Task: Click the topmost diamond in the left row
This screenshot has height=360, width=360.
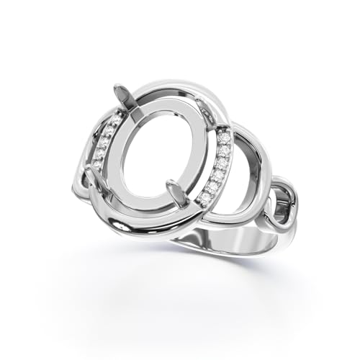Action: click(x=115, y=122)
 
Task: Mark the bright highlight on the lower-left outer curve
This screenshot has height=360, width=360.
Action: click(x=108, y=216)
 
